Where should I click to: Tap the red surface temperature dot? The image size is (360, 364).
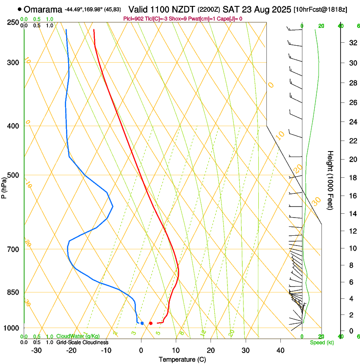(151, 323)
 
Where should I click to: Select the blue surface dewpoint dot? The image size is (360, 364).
(142, 323)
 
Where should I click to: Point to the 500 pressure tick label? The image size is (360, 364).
(14, 175)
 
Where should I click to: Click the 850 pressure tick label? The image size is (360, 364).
(14, 292)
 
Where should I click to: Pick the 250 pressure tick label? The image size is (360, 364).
(14, 22)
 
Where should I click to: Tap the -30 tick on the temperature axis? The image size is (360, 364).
(36, 350)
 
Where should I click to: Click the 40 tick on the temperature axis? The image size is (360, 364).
(280, 350)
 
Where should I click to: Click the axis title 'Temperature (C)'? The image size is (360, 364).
(182, 359)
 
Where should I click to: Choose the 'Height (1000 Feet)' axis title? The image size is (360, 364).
(331, 180)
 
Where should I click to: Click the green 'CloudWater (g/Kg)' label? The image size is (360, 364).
(78, 336)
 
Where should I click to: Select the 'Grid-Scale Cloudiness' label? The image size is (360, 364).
(82, 342)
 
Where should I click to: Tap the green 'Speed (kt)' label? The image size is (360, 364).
(321, 342)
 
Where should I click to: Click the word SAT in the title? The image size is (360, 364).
(230, 9)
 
